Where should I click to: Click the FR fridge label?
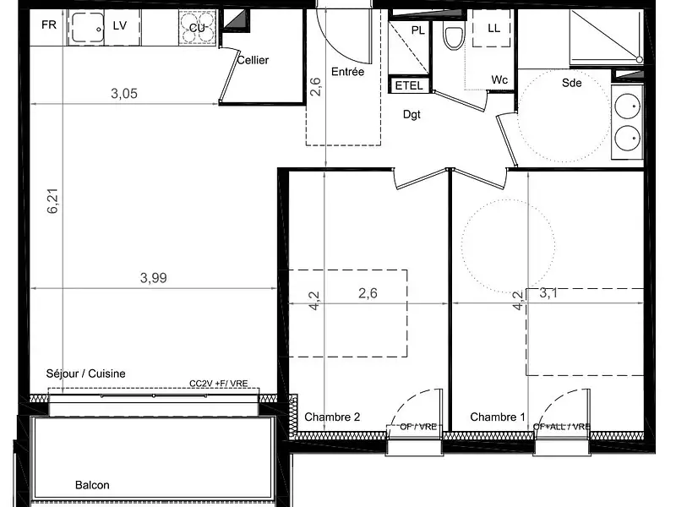tap(48, 25)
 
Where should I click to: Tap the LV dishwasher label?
tap(119, 25)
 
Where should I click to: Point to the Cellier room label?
tap(253, 60)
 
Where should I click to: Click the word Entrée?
tap(347, 72)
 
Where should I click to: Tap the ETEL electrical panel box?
tap(410, 85)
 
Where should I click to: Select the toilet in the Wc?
tap(455, 37)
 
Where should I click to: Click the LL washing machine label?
tap(493, 28)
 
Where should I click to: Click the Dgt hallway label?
tap(412, 114)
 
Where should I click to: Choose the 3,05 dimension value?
tap(124, 94)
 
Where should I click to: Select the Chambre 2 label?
tap(332, 417)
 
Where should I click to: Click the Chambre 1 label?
tap(498, 417)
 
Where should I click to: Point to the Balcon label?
tap(92, 485)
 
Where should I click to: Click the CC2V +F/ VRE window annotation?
tap(219, 384)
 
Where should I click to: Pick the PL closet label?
tap(417, 30)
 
